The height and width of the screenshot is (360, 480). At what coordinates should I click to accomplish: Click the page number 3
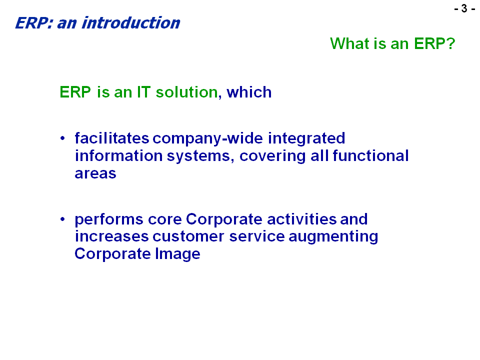[x=464, y=8]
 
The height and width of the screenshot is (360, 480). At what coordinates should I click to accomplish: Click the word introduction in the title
[x=130, y=23]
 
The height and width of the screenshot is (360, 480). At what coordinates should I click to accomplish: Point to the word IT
[x=143, y=92]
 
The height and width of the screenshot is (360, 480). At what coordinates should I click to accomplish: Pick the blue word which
[x=249, y=92]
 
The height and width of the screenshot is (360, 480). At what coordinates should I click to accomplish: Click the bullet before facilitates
[x=63, y=138]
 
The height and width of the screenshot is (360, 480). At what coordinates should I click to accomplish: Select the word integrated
[x=306, y=138]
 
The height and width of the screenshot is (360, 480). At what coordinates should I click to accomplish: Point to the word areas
[x=95, y=173]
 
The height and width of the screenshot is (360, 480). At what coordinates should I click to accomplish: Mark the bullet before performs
[x=63, y=219]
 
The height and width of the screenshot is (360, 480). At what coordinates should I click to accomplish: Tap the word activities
[x=302, y=219]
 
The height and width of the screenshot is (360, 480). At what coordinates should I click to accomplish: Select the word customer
[x=188, y=236]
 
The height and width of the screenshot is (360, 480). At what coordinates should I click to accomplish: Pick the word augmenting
[x=333, y=236]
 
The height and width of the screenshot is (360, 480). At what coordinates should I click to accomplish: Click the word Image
[x=177, y=254]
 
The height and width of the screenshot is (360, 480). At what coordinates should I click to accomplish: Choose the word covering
[x=272, y=156]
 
